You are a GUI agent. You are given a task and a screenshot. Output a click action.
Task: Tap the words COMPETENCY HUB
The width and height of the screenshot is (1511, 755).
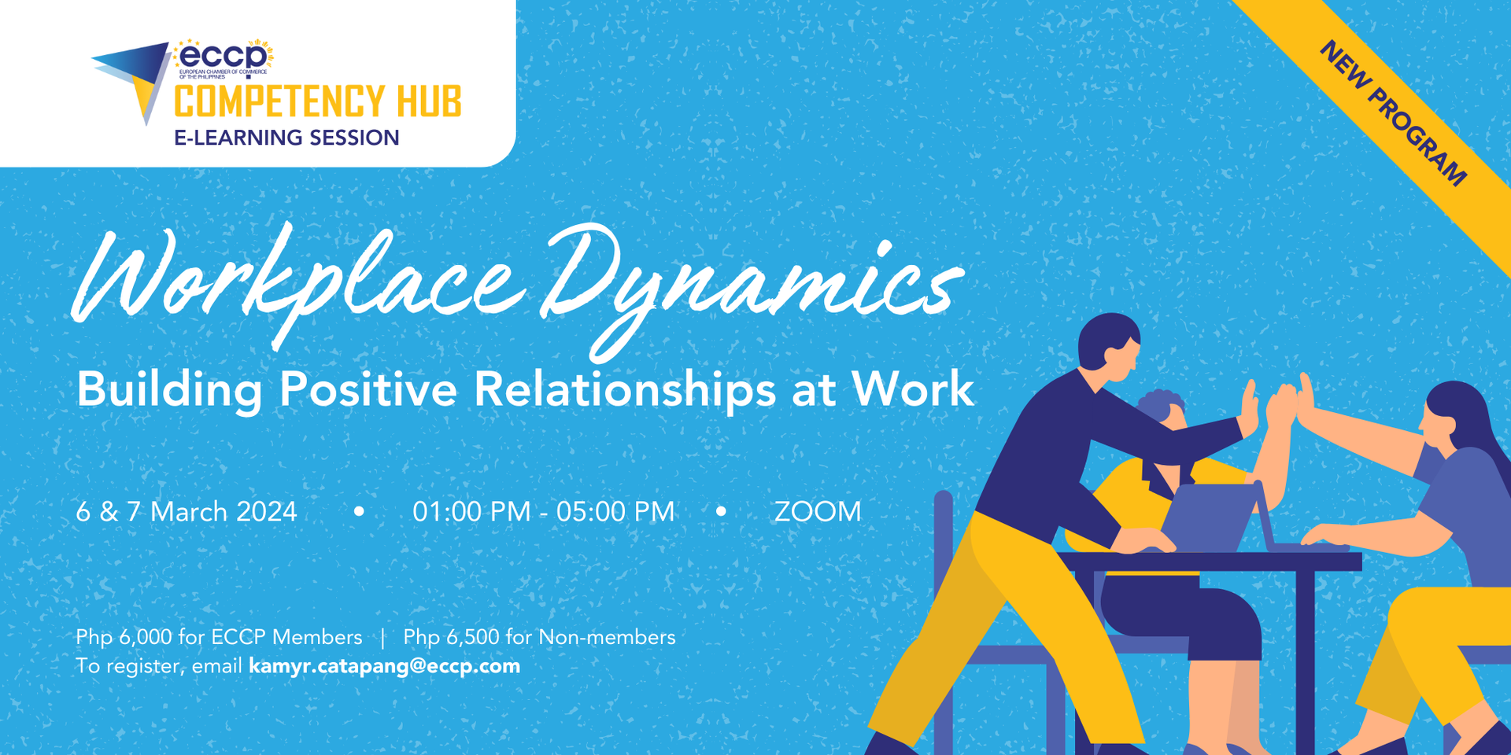317,102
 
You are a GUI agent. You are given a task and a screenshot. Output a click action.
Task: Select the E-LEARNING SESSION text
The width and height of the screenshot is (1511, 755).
286,138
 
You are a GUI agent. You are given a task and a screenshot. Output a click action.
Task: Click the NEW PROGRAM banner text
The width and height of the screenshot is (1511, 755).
1393,113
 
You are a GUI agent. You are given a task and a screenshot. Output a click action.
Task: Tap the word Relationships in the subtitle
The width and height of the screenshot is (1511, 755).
625,389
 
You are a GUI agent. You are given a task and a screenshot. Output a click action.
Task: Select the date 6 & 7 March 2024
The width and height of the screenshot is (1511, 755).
187,512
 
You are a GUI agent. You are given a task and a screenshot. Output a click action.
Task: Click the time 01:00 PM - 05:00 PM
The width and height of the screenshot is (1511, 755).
543,512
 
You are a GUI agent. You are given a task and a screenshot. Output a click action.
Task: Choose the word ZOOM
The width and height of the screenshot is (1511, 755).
818,512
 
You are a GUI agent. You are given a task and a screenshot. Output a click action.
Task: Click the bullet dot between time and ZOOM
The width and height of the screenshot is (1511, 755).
721,511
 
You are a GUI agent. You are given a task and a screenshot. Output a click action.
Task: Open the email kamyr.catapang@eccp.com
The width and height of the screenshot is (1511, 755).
384,666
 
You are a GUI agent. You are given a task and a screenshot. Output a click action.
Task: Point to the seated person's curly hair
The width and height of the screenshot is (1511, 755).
1161,405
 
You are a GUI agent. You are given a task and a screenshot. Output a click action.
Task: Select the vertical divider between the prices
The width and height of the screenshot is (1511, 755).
383,637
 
